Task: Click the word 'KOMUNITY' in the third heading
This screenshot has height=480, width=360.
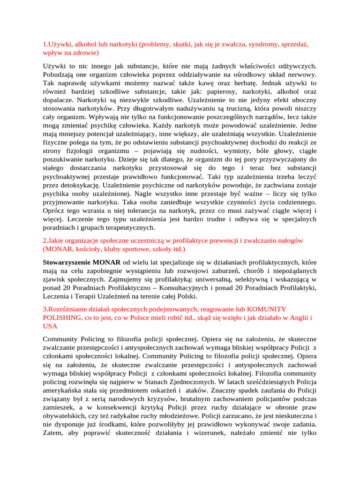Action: (267, 309)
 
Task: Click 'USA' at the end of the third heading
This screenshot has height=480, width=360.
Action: (50, 326)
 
